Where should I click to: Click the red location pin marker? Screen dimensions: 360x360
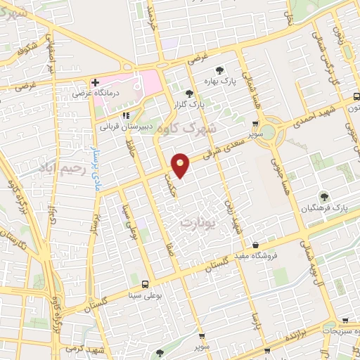pyautogui.click(x=181, y=165)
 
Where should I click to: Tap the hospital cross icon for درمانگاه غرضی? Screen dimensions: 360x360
pyautogui.click(x=96, y=83)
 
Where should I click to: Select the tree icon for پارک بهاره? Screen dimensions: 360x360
pyautogui.click(x=220, y=70)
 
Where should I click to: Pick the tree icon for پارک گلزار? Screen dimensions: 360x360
pyautogui.click(x=188, y=94)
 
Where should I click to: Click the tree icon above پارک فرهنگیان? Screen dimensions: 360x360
pyautogui.click(x=324, y=197)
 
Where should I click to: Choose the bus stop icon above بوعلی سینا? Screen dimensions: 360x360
pyautogui.click(x=144, y=285)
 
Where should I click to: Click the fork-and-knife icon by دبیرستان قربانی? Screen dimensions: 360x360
pyautogui.click(x=126, y=116)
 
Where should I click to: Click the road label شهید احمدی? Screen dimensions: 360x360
pyautogui.click(x=330, y=108)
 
